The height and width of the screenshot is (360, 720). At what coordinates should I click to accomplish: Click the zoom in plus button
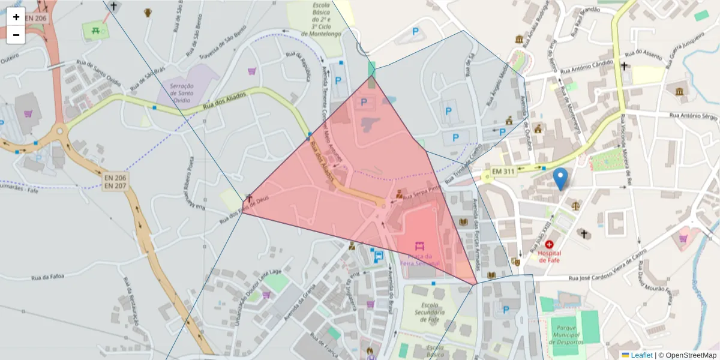(16, 17)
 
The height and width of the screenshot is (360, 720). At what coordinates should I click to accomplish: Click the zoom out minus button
(16, 35)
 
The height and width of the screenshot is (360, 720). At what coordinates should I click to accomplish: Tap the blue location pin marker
(560, 179)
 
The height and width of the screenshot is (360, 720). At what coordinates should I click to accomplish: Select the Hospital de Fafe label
(549, 256)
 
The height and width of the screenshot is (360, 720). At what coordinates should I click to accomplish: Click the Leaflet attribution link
(641, 355)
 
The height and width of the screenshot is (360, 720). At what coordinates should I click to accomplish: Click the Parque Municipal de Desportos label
(566, 334)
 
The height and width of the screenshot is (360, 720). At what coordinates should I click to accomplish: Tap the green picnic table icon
(95, 29)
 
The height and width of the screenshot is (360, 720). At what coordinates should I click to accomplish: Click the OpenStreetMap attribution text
(691, 355)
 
